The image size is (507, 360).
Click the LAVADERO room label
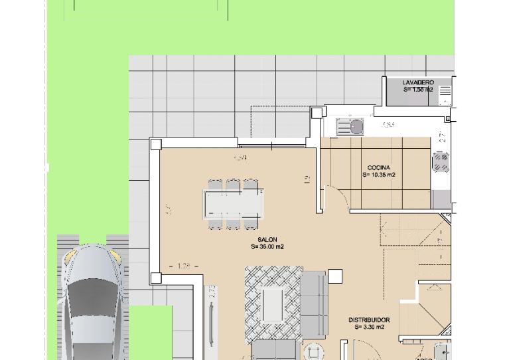point(418,82)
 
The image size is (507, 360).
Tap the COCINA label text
point(379,168)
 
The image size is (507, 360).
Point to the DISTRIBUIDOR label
point(369,320)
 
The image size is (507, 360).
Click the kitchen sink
point(350,126)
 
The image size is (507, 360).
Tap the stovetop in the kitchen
point(441,161)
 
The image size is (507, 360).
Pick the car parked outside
point(93,302)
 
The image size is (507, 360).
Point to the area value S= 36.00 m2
point(267,246)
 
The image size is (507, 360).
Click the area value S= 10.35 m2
point(379,175)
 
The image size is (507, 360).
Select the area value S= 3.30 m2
point(369,327)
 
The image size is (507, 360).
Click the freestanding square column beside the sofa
point(335,276)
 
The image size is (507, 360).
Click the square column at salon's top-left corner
point(156,144)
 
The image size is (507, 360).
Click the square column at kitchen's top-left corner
point(317,113)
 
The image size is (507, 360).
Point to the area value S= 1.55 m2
point(418,90)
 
